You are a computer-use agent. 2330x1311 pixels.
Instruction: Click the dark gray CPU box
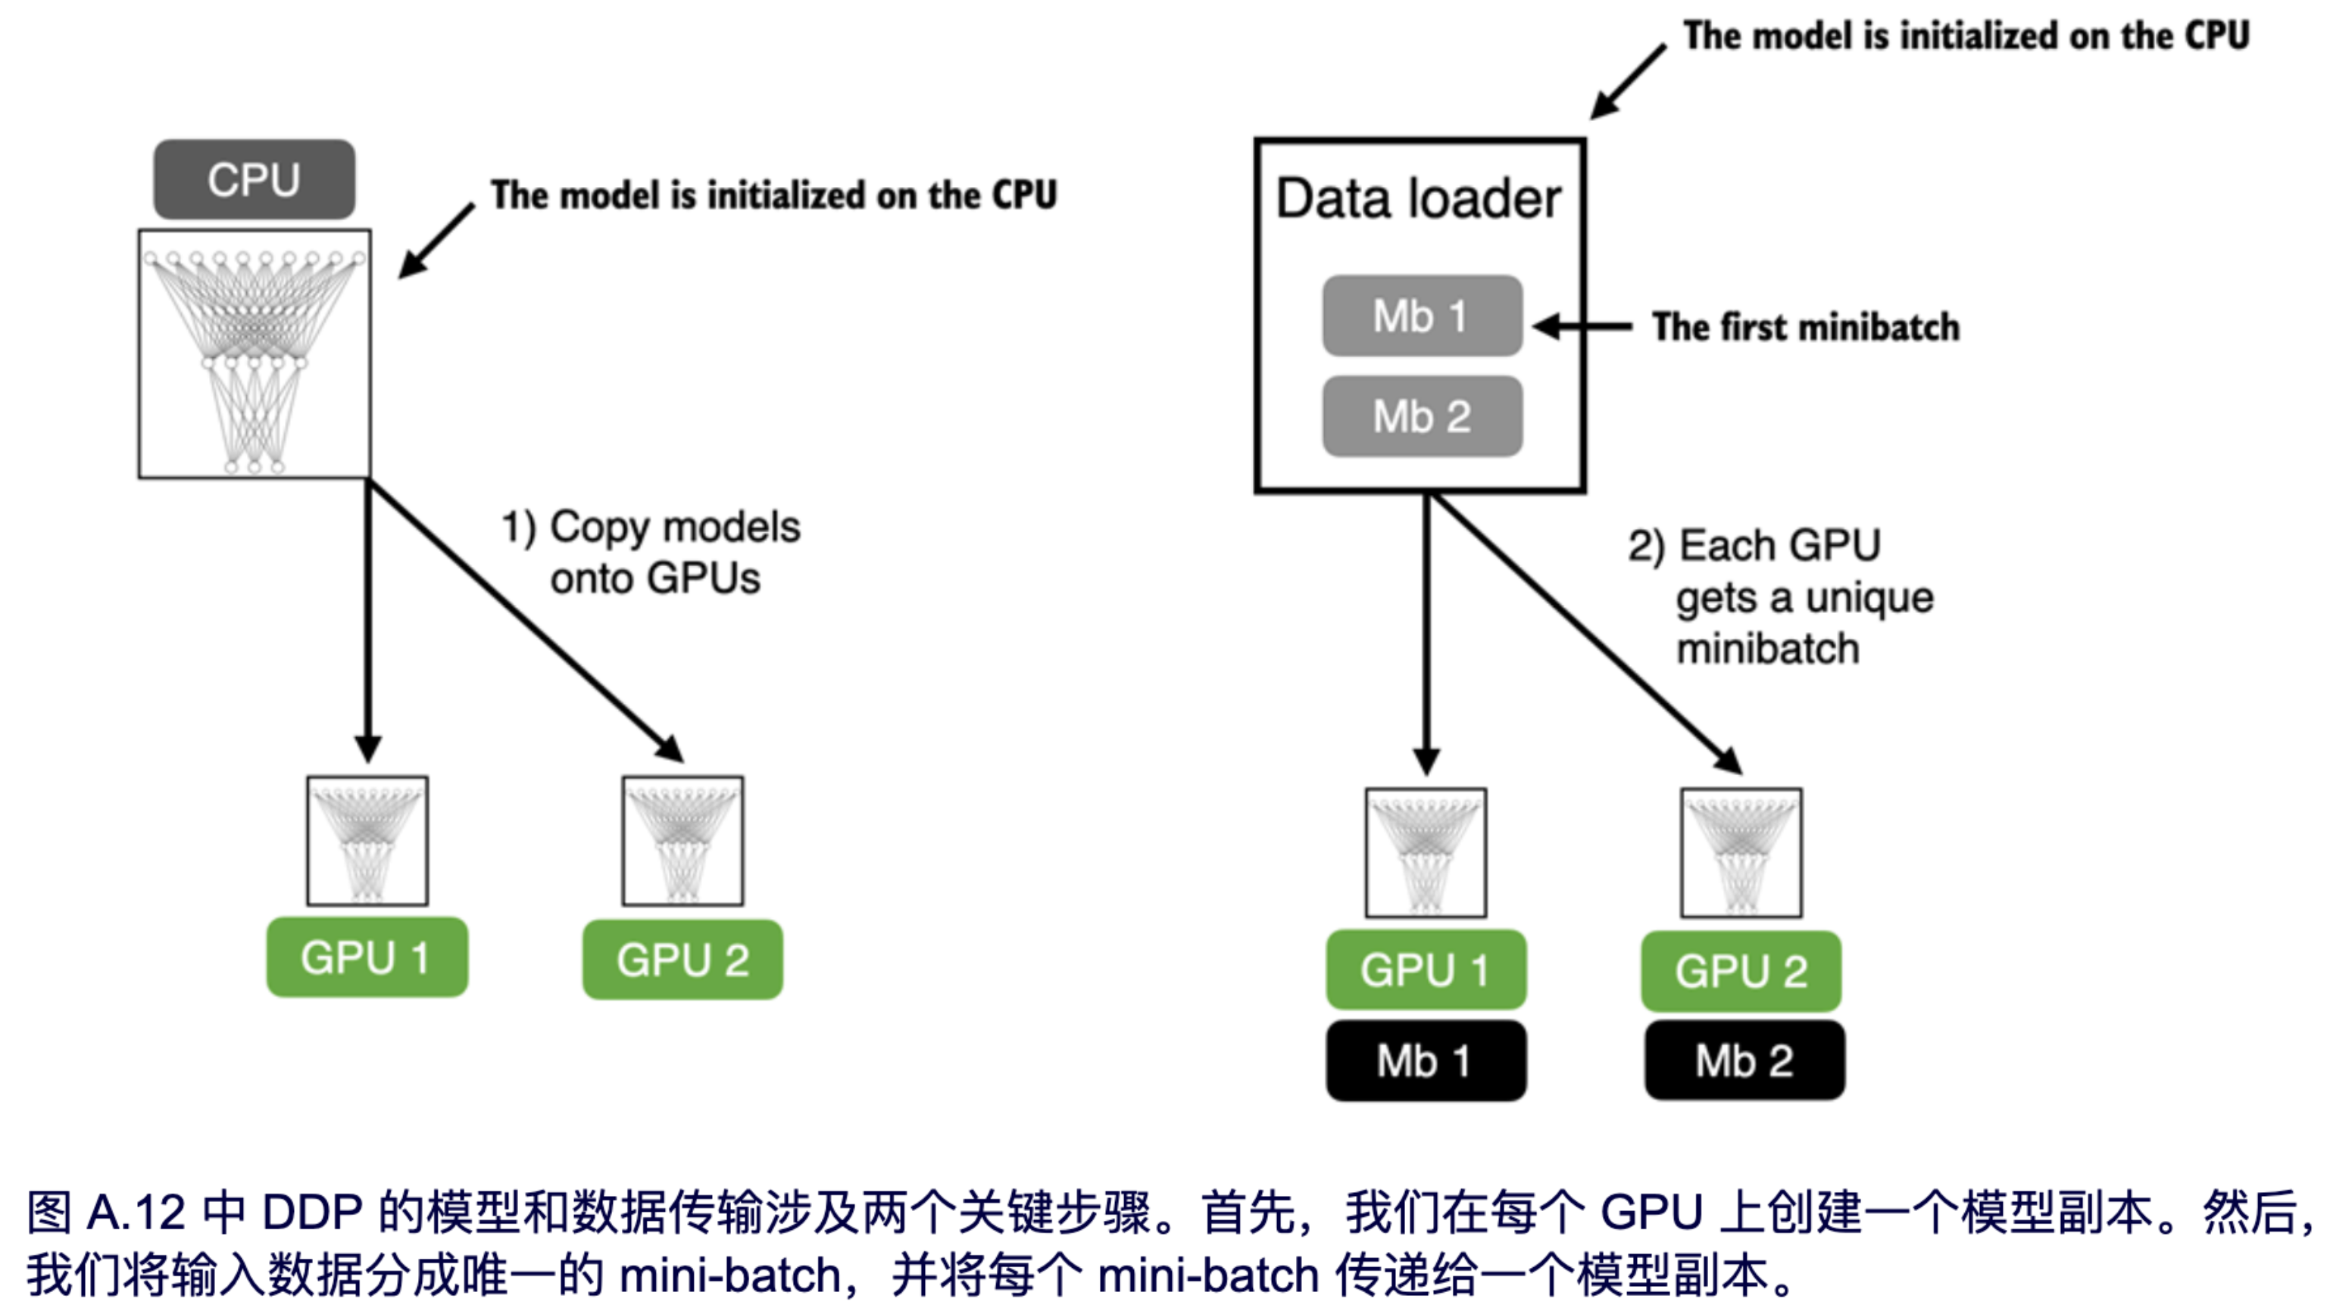coord(255,179)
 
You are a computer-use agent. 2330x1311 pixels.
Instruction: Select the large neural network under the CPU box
coord(255,353)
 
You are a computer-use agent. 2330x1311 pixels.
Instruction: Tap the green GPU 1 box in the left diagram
coord(367,958)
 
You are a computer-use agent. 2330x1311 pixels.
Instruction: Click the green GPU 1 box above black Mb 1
coord(1426,970)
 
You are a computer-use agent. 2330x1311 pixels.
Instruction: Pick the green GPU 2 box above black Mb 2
coord(1740,971)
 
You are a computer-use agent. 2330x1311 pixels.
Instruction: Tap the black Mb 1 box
coord(1426,1060)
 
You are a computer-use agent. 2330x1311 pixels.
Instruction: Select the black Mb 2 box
coord(1744,1060)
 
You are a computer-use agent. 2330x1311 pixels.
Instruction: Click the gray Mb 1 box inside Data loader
coord(1422,316)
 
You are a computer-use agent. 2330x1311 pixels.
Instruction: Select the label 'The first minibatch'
coord(1805,326)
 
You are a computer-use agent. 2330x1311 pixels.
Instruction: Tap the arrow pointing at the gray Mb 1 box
coord(1583,326)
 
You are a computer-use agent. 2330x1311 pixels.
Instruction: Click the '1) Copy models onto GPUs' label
coord(651,552)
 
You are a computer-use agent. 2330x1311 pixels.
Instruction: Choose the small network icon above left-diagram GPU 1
coord(367,841)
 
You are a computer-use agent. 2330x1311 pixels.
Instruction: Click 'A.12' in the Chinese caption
coord(136,1213)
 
